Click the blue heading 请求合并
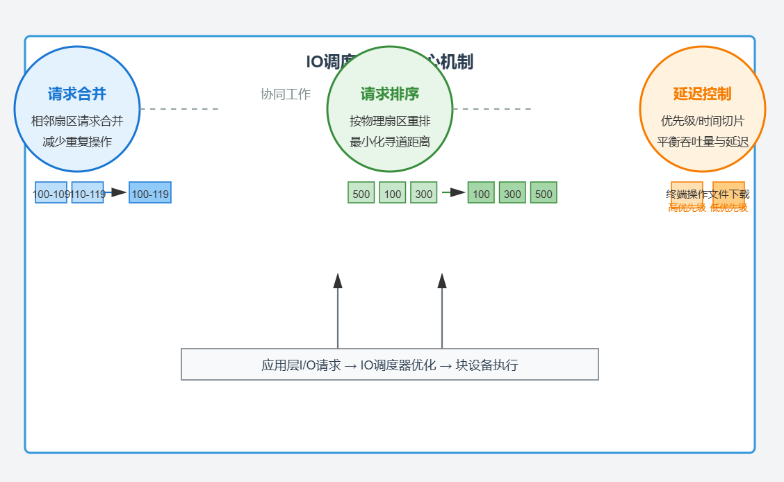77,94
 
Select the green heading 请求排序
390,94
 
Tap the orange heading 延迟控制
702,94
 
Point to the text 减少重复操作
77,142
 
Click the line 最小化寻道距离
390,142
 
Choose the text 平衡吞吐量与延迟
703,142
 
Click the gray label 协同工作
286,94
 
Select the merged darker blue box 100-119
150,193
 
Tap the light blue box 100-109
51,193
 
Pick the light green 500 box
361,193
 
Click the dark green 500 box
544,193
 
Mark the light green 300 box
424,193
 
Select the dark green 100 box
481,193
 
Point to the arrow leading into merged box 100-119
116,192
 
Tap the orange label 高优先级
687,208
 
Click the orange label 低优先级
729,208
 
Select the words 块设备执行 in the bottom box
487,365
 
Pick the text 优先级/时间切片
703,121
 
